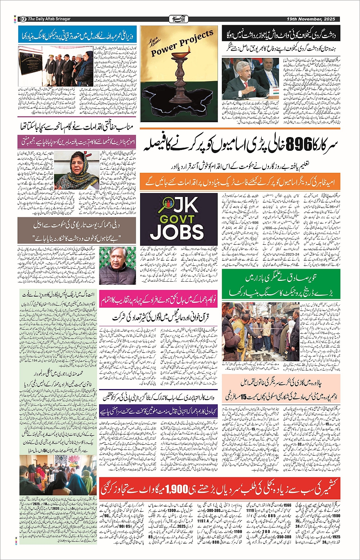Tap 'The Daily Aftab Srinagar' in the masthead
click(x=49, y=19)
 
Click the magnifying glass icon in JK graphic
click(x=157, y=206)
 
